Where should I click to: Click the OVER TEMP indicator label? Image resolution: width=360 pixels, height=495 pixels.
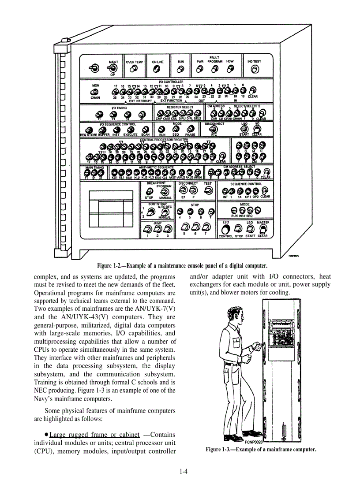click(134, 62)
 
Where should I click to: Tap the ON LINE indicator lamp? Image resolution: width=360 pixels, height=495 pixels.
click(157, 70)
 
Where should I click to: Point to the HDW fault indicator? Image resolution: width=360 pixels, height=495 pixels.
click(229, 69)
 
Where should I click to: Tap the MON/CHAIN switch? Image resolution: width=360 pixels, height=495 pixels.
click(94, 92)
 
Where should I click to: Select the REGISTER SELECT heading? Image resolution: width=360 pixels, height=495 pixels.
click(180, 107)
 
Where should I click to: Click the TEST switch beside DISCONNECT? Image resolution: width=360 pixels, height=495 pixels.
click(207, 190)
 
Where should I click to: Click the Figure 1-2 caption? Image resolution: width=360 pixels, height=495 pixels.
click(182, 266)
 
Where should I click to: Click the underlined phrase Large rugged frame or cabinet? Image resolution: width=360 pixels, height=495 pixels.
click(94, 435)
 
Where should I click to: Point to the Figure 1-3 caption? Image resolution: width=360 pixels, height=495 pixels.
click(261, 450)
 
